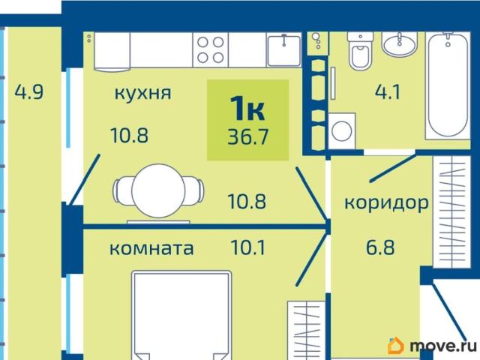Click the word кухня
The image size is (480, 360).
(142, 94)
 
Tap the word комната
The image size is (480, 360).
(151, 248)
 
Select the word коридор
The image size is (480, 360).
(386, 202)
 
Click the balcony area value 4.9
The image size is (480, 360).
(28, 94)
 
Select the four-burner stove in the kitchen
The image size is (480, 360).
(211, 49)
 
